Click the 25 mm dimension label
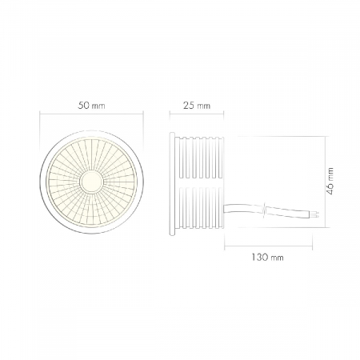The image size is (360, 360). point(197,106)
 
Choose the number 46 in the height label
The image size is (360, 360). point(330,190)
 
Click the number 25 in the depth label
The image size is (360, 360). point(190,106)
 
